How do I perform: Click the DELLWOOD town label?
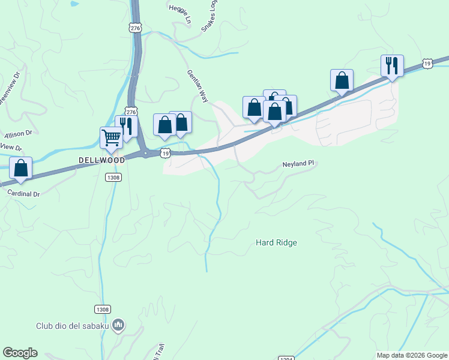click(x=101, y=160)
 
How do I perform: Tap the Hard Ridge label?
click(x=276, y=243)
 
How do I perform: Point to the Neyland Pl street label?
click(x=298, y=163)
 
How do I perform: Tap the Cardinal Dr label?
click(x=23, y=194)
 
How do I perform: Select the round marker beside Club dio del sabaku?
click(x=118, y=326)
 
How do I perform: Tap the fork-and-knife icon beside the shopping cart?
click(x=126, y=126)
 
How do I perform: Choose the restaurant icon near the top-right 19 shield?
click(x=392, y=65)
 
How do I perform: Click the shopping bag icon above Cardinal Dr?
click(x=21, y=169)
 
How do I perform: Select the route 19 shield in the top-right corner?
click(x=427, y=63)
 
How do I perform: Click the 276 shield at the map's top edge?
click(x=135, y=28)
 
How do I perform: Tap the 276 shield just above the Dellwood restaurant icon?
click(x=131, y=111)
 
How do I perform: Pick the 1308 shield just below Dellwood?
click(x=113, y=177)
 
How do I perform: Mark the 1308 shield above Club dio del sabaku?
click(x=102, y=309)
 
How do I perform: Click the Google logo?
click(x=20, y=353)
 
